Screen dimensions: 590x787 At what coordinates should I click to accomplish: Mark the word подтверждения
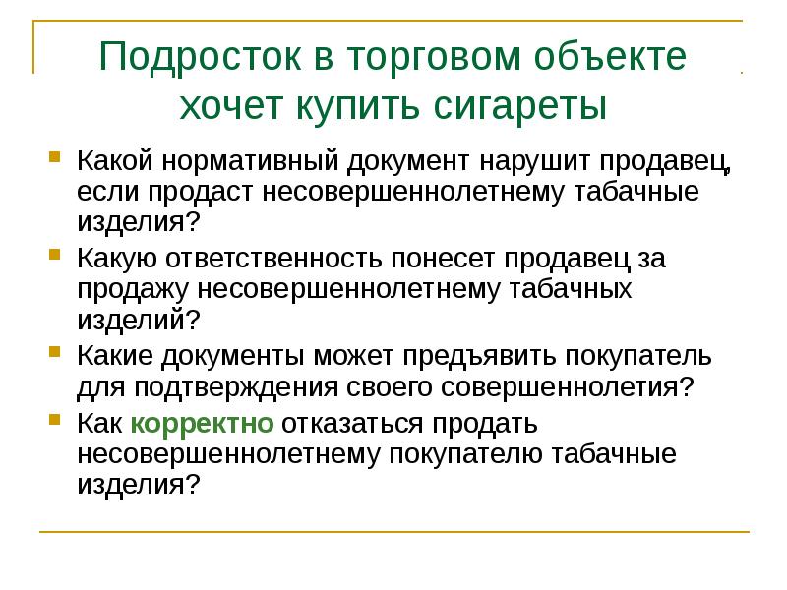tap(234, 386)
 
